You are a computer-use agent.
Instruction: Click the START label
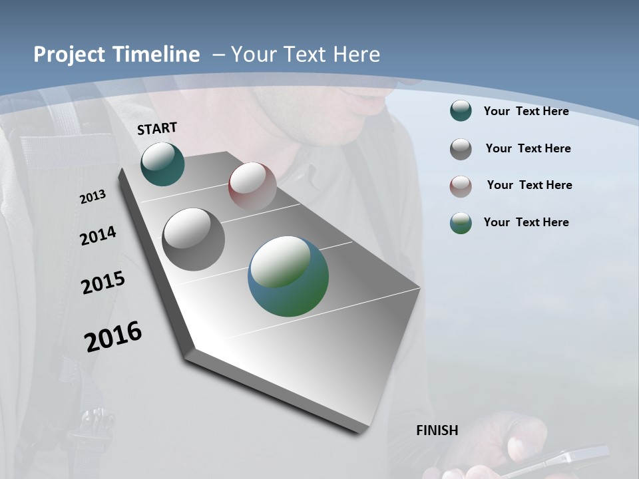pyautogui.click(x=157, y=128)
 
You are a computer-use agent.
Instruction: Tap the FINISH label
pyautogui.click(x=437, y=430)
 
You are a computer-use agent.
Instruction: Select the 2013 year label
pyautogui.click(x=93, y=197)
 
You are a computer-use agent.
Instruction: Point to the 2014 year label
pyautogui.click(x=98, y=236)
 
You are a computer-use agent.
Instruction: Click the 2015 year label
pyautogui.click(x=103, y=283)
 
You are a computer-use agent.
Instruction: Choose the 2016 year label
pyautogui.click(x=113, y=337)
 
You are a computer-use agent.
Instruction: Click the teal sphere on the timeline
pyautogui.click(x=162, y=164)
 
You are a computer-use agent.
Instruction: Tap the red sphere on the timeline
pyautogui.click(x=252, y=186)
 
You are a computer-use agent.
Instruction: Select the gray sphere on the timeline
pyautogui.click(x=193, y=239)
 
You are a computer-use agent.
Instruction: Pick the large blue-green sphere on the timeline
pyautogui.click(x=288, y=276)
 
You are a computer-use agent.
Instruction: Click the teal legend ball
pyautogui.click(x=461, y=110)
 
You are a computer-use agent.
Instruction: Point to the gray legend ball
pyautogui.click(x=461, y=149)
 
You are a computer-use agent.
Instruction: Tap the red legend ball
pyautogui.click(x=461, y=186)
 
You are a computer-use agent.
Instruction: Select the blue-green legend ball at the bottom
pyautogui.click(x=461, y=223)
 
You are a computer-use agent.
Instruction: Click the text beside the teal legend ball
pyautogui.click(x=526, y=111)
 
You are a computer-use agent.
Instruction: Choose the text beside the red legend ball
pyautogui.click(x=529, y=185)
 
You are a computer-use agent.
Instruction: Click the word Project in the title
pyautogui.click(x=69, y=55)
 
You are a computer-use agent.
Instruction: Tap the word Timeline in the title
pyautogui.click(x=156, y=55)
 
